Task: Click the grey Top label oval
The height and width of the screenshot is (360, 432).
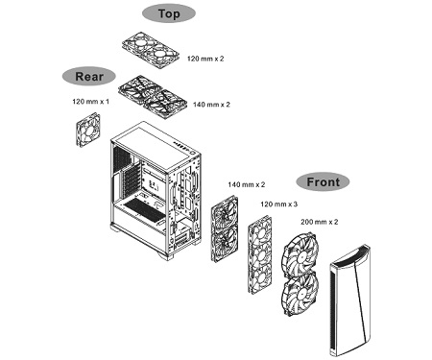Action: pyautogui.click(x=169, y=13)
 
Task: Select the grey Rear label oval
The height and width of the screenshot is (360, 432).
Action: pyautogui.click(x=89, y=77)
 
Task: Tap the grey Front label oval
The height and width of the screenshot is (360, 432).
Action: pyautogui.click(x=323, y=182)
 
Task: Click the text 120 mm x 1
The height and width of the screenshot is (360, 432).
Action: pyautogui.click(x=90, y=102)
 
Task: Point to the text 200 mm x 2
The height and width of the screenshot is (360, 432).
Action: pyautogui.click(x=319, y=222)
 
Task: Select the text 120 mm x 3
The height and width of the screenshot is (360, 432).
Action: pyautogui.click(x=278, y=204)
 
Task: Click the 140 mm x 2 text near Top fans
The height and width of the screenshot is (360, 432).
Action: pyautogui.click(x=211, y=105)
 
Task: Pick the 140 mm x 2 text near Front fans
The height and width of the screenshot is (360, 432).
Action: pyautogui.click(x=247, y=184)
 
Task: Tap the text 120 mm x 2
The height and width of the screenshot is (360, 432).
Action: pyautogui.click(x=205, y=59)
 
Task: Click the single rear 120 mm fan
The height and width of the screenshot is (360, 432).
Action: pyautogui.click(x=88, y=130)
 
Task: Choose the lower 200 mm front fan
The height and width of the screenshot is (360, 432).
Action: pyautogui.click(x=300, y=294)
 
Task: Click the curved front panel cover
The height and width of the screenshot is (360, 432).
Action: pyautogui.click(x=349, y=300)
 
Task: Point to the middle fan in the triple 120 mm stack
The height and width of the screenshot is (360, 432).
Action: pyautogui.click(x=260, y=255)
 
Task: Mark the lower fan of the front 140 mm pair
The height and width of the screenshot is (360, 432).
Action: pyautogui.click(x=225, y=243)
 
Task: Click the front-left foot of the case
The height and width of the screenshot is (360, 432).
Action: pyautogui.click(x=165, y=255)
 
